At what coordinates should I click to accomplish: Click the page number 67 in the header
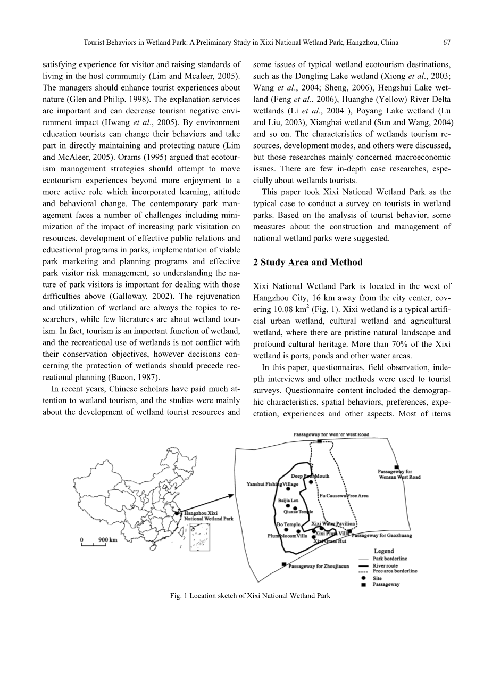click(447, 43)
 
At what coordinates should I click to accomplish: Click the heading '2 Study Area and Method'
click(308, 263)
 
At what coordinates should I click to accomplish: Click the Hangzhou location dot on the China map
click(177, 514)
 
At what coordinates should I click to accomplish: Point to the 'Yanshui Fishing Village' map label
click(272, 484)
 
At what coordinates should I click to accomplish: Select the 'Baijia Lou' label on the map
click(288, 501)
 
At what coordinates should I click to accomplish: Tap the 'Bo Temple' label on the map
click(288, 524)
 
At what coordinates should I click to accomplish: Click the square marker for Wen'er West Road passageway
click(319, 441)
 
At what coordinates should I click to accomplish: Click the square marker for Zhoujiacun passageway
click(284, 564)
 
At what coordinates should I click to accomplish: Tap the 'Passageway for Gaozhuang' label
click(382, 535)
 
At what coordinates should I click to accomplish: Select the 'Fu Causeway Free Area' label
click(344, 496)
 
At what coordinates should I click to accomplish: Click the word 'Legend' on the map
click(384, 551)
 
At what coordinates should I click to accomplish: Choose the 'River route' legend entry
click(385, 565)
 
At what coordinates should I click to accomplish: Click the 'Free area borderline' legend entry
click(395, 571)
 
